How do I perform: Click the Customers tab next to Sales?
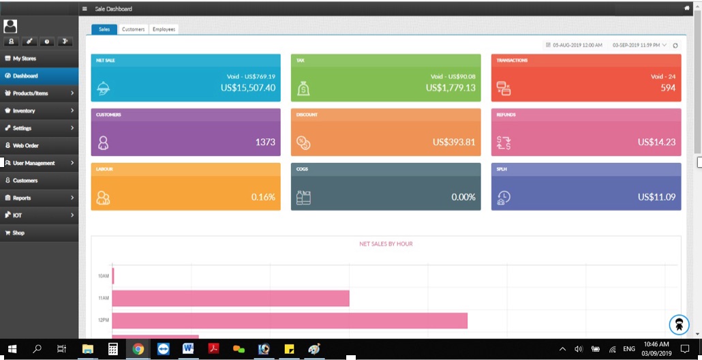tap(133, 29)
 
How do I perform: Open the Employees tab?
tap(164, 29)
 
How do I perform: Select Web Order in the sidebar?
tap(27, 145)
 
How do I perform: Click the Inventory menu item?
tap(24, 110)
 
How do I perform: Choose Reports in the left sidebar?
tap(22, 198)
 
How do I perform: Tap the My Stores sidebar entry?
tap(25, 59)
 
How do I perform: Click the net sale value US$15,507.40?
tap(248, 88)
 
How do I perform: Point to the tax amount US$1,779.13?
tap(451, 88)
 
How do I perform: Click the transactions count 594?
tap(668, 88)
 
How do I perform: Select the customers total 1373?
tap(265, 142)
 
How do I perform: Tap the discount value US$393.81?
tap(454, 142)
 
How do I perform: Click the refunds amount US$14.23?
tap(656, 142)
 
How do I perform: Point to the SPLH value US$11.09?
tap(656, 197)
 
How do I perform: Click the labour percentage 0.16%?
tap(263, 197)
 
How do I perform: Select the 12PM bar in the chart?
tap(290, 320)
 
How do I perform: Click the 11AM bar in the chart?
tap(230, 298)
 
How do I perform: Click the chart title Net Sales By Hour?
tap(386, 243)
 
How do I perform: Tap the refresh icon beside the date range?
tap(675, 46)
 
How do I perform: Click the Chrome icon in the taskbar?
tap(138, 349)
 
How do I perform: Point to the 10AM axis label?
tap(104, 276)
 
